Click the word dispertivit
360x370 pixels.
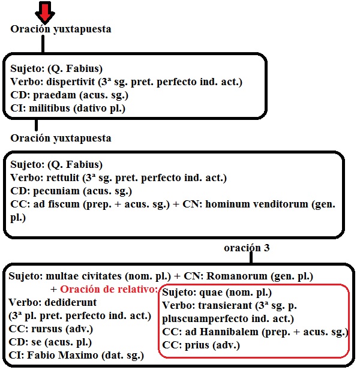[69, 82]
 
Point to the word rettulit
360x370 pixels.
[62, 178]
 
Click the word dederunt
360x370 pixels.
[65, 302]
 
